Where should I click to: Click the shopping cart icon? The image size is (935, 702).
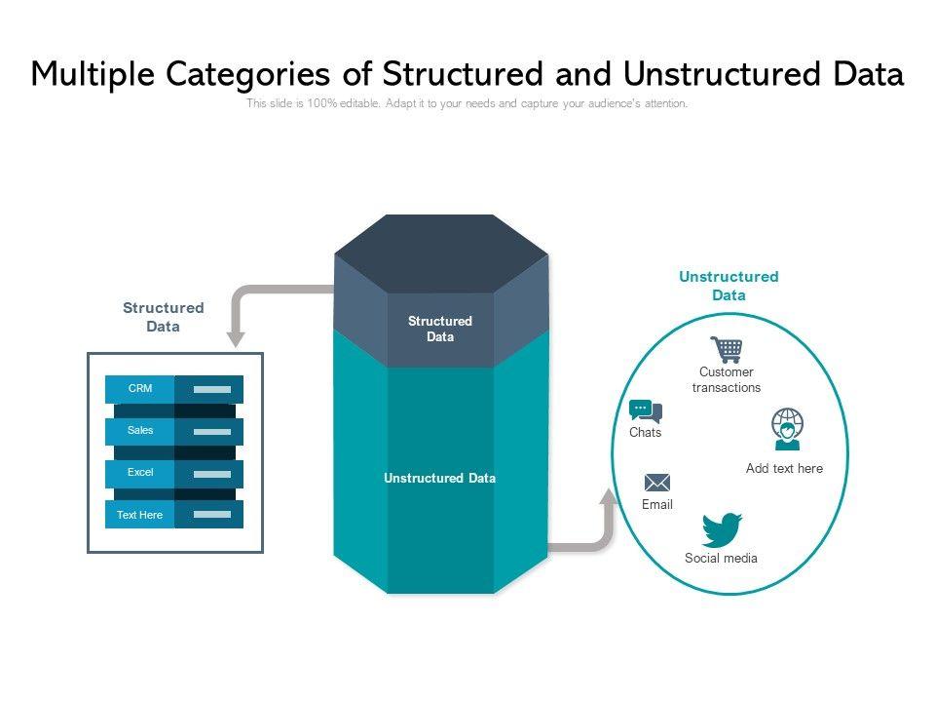(x=727, y=349)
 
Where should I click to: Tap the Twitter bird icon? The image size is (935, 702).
(x=722, y=529)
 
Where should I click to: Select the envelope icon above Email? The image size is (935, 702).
(x=657, y=483)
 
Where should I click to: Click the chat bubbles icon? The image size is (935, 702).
(x=645, y=410)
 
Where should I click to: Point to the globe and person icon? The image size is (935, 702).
(x=787, y=429)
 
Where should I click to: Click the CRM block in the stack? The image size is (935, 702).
(x=140, y=389)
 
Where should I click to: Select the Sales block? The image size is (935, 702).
(x=140, y=431)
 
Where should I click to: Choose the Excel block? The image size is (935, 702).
(x=140, y=473)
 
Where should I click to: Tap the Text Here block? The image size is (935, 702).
(x=140, y=515)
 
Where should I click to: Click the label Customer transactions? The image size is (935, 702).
(x=727, y=379)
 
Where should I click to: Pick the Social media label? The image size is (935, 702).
(x=721, y=559)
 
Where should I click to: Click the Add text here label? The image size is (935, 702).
(x=784, y=468)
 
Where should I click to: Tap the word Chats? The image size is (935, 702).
(x=645, y=433)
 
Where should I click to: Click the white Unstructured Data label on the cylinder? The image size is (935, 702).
(x=439, y=479)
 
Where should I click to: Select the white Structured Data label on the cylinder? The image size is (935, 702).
(x=440, y=329)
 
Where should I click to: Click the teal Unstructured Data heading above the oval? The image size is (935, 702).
(x=729, y=286)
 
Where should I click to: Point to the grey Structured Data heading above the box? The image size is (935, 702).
(x=164, y=317)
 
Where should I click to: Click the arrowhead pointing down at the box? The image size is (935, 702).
(x=236, y=338)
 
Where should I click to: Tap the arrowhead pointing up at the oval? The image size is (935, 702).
(x=609, y=498)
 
